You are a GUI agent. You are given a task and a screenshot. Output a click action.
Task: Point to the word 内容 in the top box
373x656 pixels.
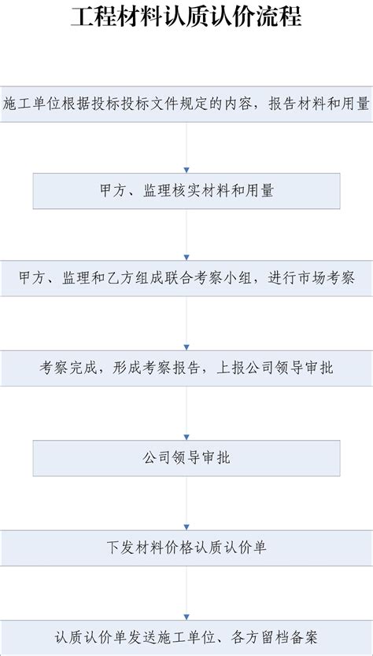[x=238, y=104]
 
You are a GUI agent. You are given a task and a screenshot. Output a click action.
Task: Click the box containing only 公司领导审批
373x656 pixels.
[x=186, y=458]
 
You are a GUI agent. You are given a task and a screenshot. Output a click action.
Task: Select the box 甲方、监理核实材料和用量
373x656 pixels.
[x=186, y=191]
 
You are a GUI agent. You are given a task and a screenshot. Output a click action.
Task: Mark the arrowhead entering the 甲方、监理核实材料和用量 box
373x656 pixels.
[x=186, y=170]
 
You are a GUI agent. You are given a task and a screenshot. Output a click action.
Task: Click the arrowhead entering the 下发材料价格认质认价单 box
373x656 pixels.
[x=186, y=527]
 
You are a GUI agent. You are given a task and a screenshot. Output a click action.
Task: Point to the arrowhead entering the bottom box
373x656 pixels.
[x=186, y=617]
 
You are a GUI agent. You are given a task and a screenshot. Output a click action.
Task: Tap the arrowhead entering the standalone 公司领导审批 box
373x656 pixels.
[x=186, y=437]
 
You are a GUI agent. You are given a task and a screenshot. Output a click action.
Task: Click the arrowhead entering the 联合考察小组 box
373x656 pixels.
[x=186, y=258]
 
